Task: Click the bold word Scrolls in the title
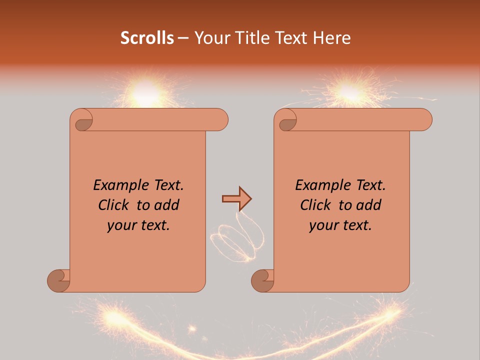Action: [147, 38]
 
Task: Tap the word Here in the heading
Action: [332, 38]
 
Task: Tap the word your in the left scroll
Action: [121, 225]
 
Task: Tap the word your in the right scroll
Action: [323, 225]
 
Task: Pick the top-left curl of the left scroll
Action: [83, 122]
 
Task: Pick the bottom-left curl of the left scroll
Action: [59, 280]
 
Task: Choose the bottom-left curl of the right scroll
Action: [262, 280]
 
